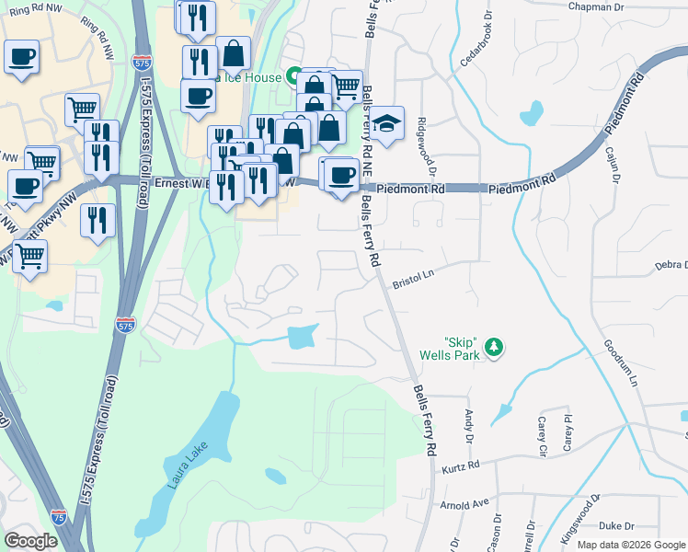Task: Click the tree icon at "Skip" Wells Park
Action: click(x=495, y=347)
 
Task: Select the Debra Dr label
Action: click(x=671, y=265)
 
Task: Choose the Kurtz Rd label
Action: click(x=462, y=466)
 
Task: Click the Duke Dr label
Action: click(x=616, y=526)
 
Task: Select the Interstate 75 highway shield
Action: click(x=59, y=517)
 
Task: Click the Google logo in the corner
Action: click(x=30, y=541)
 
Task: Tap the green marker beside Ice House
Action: click(x=293, y=75)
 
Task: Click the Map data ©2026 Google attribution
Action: click(x=630, y=545)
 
